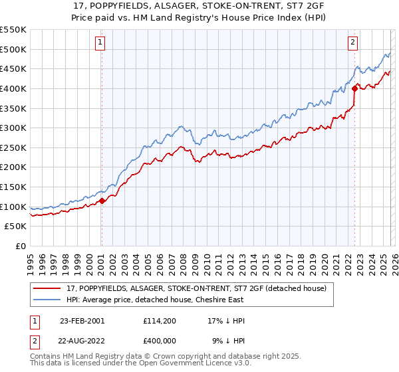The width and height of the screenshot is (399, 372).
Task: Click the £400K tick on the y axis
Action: [x=13, y=88]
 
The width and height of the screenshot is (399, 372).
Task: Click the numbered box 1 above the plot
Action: [x=100, y=43]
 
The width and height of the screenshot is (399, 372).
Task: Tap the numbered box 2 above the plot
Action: [x=352, y=43]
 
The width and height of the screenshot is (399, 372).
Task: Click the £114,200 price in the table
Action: [x=158, y=321]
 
